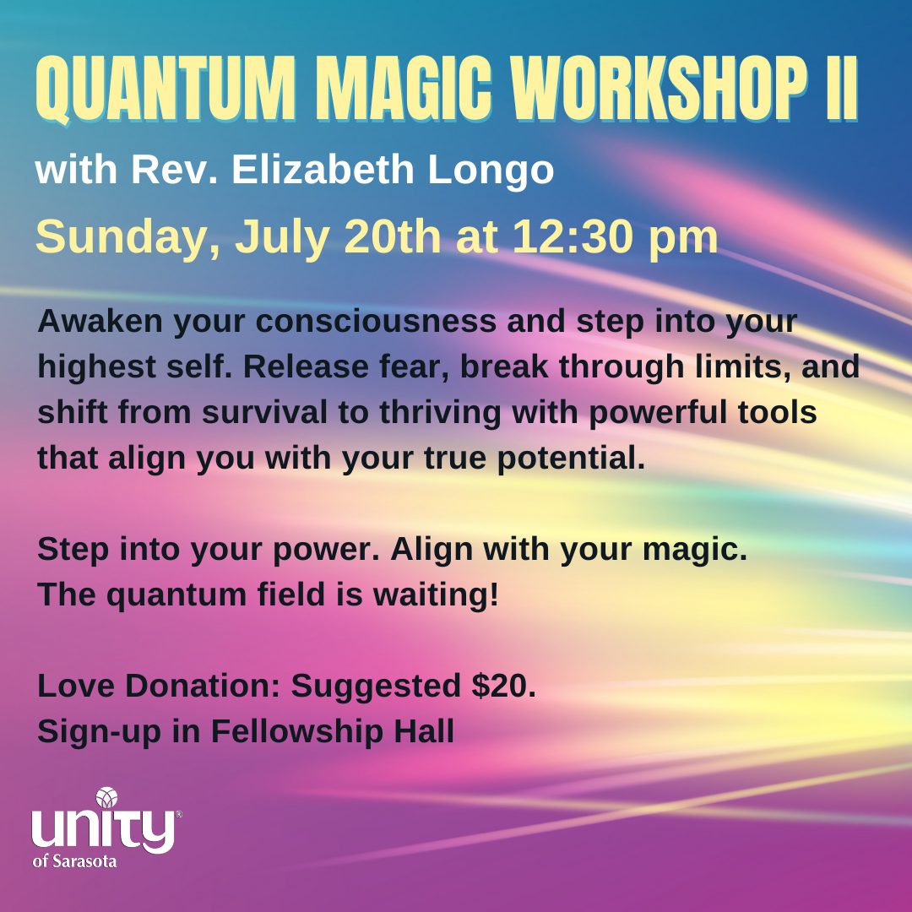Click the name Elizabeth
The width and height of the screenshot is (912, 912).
[323, 169]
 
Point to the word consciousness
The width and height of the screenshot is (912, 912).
[376, 321]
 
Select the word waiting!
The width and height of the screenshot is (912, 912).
[436, 595]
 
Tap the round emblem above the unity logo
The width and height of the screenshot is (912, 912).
[107, 797]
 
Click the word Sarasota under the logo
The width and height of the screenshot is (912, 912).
[85, 860]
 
